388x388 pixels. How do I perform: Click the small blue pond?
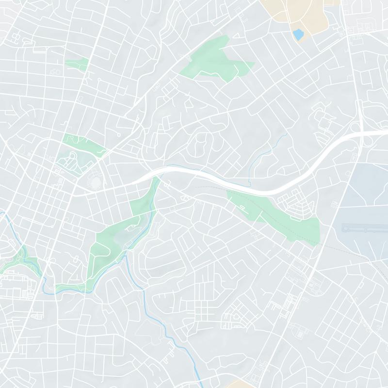(x=297, y=34)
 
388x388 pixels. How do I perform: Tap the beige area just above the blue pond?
(x=291, y=12)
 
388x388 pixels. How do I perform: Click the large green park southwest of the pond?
(x=213, y=61)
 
